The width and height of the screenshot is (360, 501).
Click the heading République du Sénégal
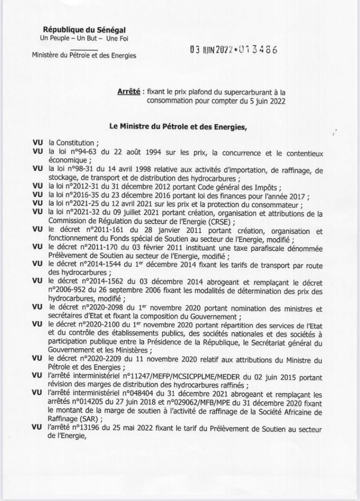(x=81, y=30)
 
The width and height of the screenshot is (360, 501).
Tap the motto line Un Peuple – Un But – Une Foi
(x=81, y=39)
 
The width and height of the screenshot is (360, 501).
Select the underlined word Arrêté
(x=129, y=91)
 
